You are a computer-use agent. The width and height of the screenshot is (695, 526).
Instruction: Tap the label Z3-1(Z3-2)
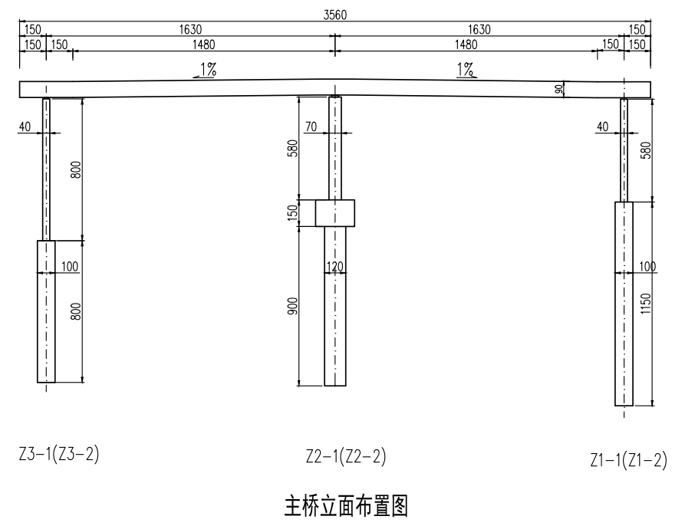[59, 454]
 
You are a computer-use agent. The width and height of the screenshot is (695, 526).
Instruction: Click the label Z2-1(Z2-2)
[345, 458]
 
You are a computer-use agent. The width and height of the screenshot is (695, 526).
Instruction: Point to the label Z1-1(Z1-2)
[628, 460]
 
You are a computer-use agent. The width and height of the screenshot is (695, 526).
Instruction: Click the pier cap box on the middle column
[335, 213]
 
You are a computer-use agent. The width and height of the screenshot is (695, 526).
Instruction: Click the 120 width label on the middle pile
[334, 267]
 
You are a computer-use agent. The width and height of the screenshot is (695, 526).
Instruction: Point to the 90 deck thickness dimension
[558, 90]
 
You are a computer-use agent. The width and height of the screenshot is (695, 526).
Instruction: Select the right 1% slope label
[465, 70]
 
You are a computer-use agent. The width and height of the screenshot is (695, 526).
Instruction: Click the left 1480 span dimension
[203, 44]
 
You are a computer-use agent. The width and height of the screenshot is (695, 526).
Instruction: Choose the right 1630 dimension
[479, 29]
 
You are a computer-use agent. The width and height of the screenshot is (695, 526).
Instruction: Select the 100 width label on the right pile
[647, 267]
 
